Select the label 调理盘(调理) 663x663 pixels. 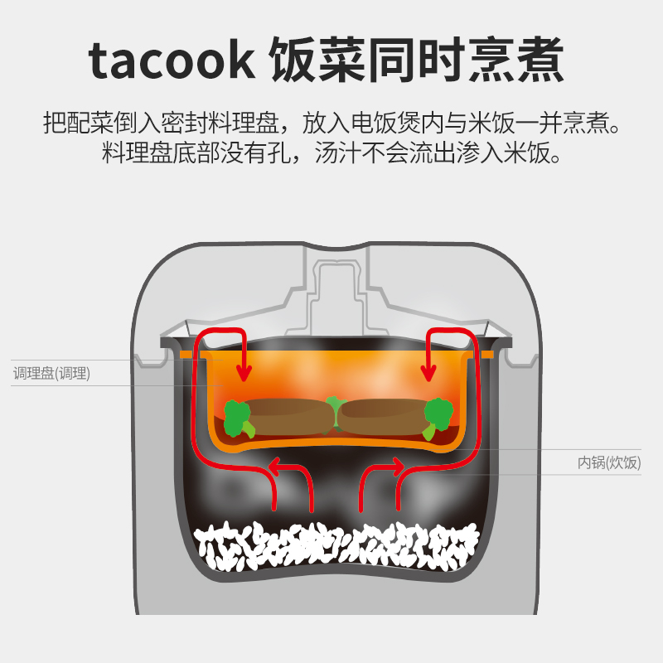click(51, 374)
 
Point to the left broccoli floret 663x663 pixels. click(239, 416)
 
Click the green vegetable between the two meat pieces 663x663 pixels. click(335, 411)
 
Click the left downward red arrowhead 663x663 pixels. click(244, 374)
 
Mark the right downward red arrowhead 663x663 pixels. click(428, 374)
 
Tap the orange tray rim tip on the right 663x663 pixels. click(489, 354)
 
